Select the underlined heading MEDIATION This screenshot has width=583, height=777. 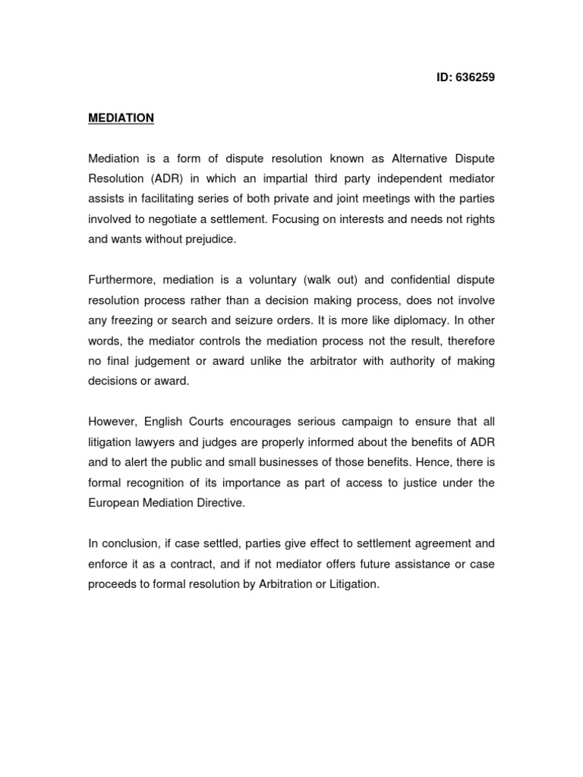(x=121, y=118)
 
